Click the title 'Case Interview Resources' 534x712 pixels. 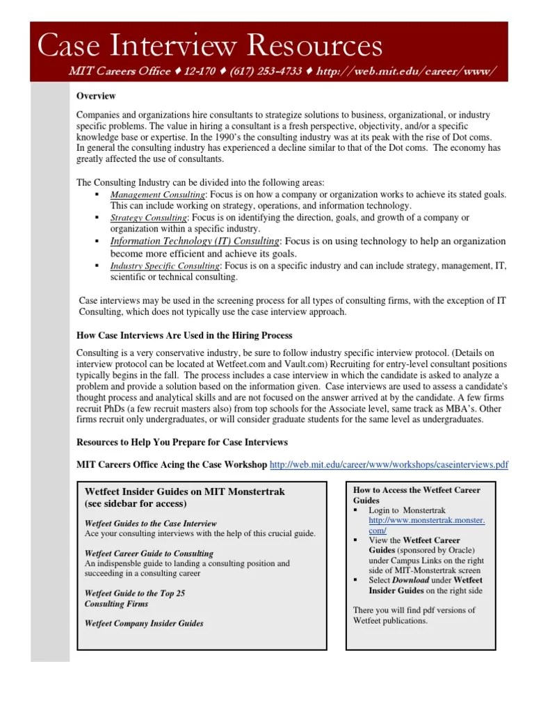[209, 46]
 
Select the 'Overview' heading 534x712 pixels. [96, 96]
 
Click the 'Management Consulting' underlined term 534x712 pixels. [158, 195]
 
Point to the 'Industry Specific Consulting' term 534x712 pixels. [165, 266]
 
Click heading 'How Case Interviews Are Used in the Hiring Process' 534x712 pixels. [184, 335]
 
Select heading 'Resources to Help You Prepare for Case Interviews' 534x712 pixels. [181, 442]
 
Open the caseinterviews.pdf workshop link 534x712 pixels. [388, 464]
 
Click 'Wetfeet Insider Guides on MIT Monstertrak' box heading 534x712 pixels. [184, 492]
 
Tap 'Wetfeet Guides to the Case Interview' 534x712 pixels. [150, 523]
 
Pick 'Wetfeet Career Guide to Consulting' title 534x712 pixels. [149, 553]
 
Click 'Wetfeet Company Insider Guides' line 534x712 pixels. [144, 624]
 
